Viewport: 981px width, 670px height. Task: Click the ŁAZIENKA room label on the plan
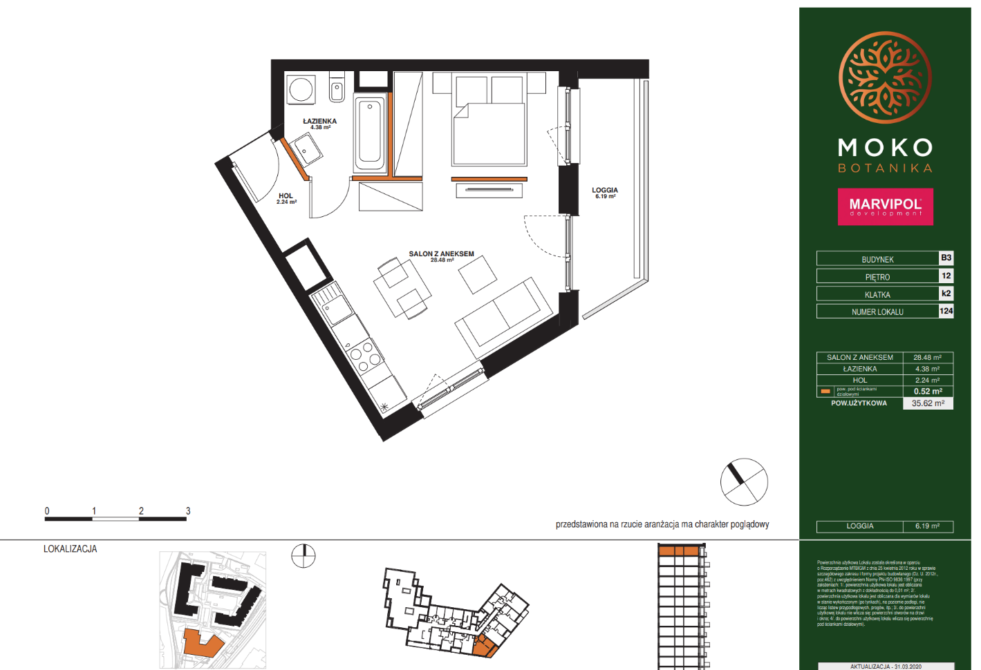pos(319,122)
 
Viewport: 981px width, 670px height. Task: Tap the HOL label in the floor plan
pos(286,196)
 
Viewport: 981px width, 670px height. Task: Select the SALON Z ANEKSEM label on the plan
pos(441,254)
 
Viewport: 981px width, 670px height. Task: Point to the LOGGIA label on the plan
pos(605,191)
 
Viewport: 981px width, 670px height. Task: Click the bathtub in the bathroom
pos(370,134)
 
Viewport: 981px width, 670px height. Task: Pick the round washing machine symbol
pos(301,89)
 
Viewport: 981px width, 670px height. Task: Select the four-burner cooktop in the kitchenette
pos(364,353)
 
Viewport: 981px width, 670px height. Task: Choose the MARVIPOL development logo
pos(885,207)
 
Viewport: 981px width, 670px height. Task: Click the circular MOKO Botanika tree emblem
pos(885,77)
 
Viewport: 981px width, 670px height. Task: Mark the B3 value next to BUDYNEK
pos(946,258)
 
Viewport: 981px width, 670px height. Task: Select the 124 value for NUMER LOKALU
pos(946,311)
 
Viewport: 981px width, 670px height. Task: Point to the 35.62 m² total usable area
pos(928,403)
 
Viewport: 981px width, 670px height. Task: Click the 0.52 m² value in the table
pos(928,392)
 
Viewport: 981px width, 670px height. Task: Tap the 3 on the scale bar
pos(188,511)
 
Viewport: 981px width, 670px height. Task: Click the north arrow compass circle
pos(744,482)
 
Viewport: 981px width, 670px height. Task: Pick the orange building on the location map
pos(203,644)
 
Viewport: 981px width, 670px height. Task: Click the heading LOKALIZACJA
pos(71,549)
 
